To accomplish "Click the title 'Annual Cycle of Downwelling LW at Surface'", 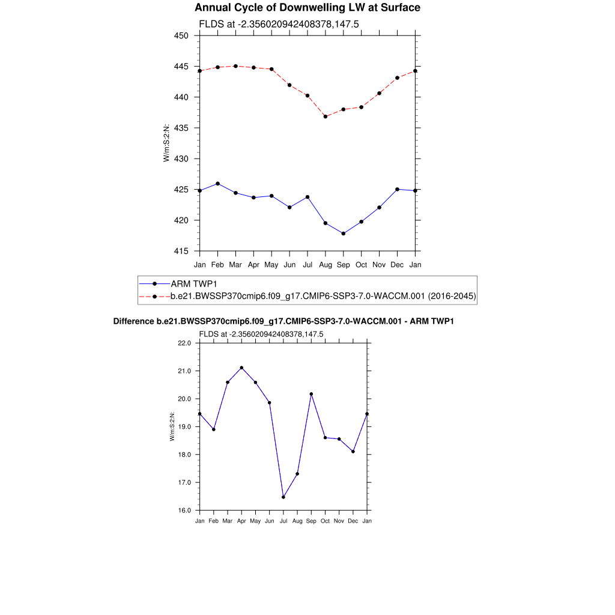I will (x=307, y=8).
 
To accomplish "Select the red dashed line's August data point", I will (x=326, y=117).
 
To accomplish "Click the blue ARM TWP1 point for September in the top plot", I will (x=344, y=234).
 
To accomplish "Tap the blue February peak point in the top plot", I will (x=217, y=183).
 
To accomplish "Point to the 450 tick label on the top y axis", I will (x=181, y=35).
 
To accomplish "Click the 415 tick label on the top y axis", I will (x=181, y=251).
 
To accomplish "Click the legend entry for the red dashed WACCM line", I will (x=323, y=296).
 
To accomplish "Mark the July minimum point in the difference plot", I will (x=283, y=497).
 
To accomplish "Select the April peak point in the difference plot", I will (x=241, y=368).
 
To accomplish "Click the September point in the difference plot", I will (x=311, y=394).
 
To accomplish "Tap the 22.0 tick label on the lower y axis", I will (x=184, y=344).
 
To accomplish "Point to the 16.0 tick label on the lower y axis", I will (x=184, y=510).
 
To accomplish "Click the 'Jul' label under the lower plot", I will (x=283, y=521).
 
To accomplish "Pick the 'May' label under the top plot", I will (x=271, y=264).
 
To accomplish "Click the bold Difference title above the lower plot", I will (x=283, y=322).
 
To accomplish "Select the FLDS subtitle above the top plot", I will (x=279, y=24).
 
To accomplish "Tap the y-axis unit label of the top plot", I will (x=166, y=143).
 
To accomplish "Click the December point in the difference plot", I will (x=353, y=452).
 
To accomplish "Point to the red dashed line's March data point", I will (x=235, y=66).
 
